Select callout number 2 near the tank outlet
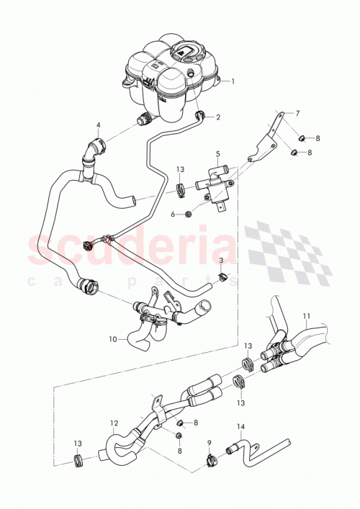[218, 116]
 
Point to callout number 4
[99, 125]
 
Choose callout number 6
[172, 214]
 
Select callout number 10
[113, 338]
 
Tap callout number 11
[306, 315]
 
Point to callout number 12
[113, 423]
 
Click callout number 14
[240, 426]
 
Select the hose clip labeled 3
[224, 277]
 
